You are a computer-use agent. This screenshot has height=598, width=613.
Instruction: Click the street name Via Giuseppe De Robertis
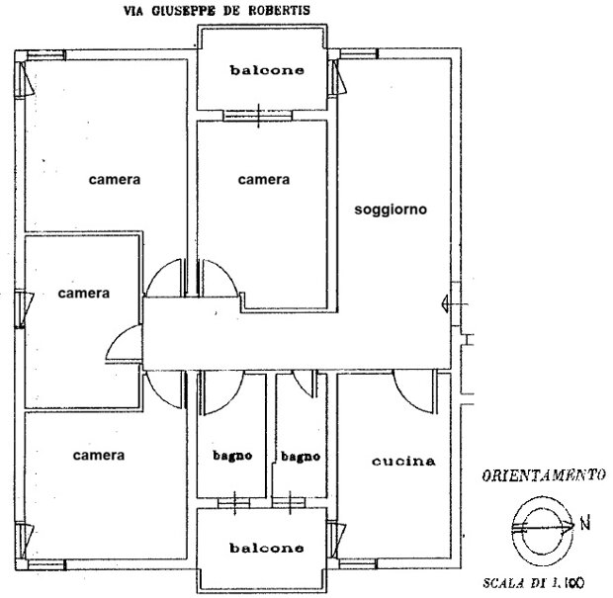click(x=217, y=10)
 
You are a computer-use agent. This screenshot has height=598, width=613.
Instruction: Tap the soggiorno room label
click(x=391, y=210)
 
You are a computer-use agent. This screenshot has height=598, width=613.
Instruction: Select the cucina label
click(x=403, y=462)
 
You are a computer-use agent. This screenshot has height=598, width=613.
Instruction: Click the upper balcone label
click(x=267, y=70)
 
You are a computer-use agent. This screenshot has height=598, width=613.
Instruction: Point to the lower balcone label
click(x=267, y=548)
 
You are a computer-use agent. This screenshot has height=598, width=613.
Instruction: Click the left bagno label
click(x=232, y=456)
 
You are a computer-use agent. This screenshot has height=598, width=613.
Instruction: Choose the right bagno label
click(x=301, y=456)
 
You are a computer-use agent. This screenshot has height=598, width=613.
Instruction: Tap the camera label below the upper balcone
click(x=264, y=180)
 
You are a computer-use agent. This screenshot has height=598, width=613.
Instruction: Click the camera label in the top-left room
click(x=115, y=180)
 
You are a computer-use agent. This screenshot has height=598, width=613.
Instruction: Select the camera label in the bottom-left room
click(x=99, y=456)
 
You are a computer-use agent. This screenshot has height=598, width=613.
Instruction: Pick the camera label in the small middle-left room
click(x=84, y=294)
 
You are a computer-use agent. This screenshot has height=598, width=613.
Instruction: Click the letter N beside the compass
click(x=585, y=524)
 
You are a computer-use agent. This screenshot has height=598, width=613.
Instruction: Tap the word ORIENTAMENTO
click(x=544, y=475)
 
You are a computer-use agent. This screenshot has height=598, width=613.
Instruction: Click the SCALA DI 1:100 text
click(x=534, y=583)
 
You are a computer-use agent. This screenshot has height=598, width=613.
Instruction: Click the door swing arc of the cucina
click(x=406, y=399)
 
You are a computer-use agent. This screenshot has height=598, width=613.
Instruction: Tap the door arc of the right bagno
click(x=300, y=386)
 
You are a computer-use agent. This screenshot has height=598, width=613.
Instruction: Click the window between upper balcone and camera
click(x=258, y=116)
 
